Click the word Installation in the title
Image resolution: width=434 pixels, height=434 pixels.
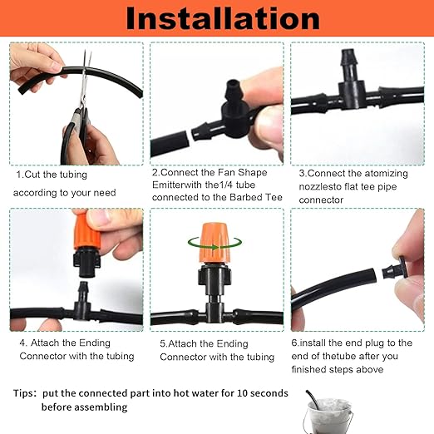tap(218, 18)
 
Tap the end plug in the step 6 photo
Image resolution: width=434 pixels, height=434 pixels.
tap(394, 271)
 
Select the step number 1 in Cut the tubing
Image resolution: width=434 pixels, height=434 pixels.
tap(19, 175)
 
